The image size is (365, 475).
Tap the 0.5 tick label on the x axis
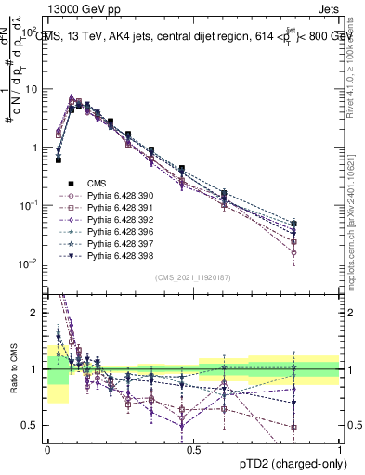tap(194, 448)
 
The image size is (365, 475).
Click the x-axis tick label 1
tap(340, 448)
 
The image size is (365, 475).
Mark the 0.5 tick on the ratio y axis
tap(33, 425)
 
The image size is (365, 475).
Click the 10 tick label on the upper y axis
tap(33, 90)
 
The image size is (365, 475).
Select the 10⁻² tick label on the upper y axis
tap(32, 263)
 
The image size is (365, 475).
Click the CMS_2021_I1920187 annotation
tap(193, 277)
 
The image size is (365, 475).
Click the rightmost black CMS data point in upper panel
tap(293, 224)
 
